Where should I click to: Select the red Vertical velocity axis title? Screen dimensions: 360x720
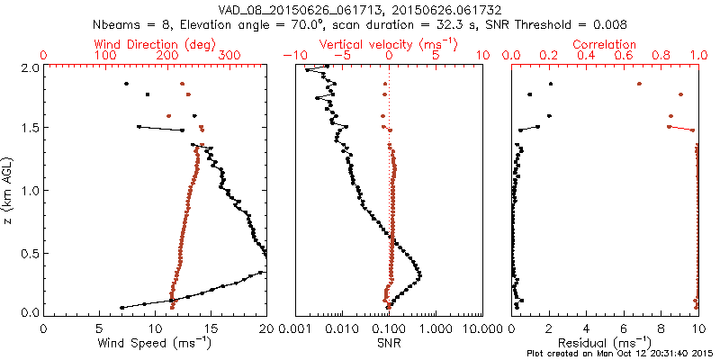tap(389, 44)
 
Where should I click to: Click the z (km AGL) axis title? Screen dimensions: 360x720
tap(8, 190)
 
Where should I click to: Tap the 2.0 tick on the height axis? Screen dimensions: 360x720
tap(30, 67)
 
